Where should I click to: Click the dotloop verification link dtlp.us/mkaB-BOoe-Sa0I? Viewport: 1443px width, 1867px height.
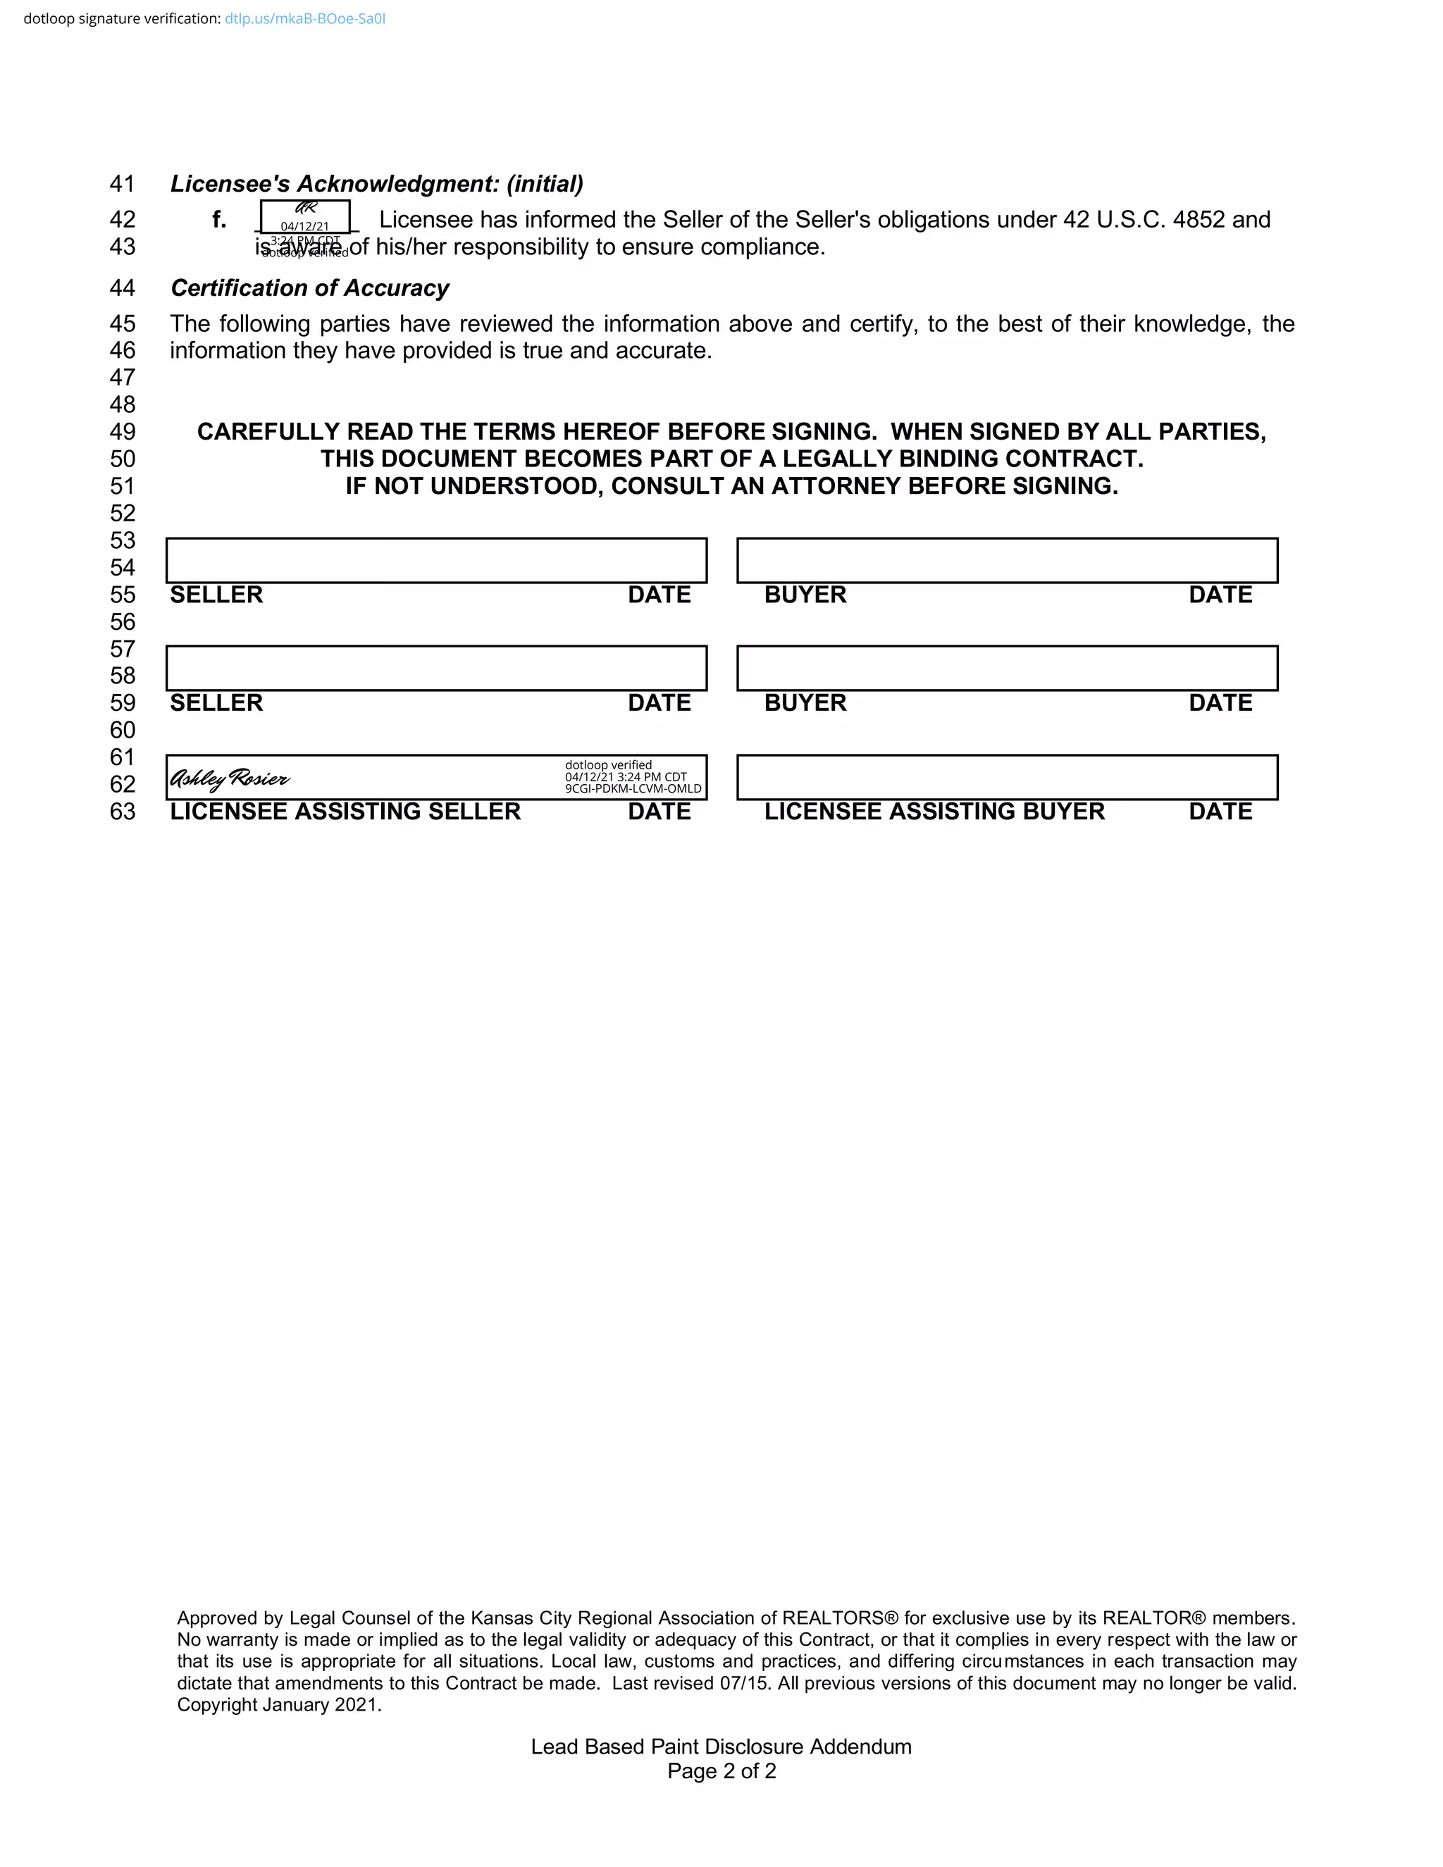point(304,19)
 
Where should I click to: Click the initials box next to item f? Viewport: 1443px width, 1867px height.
point(305,216)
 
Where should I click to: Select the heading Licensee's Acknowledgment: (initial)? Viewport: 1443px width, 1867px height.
point(376,184)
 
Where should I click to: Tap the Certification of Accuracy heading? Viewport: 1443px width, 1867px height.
point(309,288)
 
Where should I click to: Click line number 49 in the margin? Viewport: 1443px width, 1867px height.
point(122,432)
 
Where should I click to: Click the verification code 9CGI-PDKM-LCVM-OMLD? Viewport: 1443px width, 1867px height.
point(633,789)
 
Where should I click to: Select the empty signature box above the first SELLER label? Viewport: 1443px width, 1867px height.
point(436,561)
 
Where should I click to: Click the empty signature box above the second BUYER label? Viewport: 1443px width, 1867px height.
point(1007,669)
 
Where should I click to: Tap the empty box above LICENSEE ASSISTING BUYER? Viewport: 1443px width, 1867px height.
point(1007,777)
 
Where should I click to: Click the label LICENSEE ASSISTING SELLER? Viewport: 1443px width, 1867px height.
point(345,811)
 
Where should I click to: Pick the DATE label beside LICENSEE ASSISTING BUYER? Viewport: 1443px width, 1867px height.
point(1220,811)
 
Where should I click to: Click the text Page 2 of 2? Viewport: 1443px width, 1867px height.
point(721,1770)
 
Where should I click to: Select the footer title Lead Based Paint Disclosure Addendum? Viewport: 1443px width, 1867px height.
point(721,1746)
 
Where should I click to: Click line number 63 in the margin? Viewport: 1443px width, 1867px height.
point(122,811)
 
